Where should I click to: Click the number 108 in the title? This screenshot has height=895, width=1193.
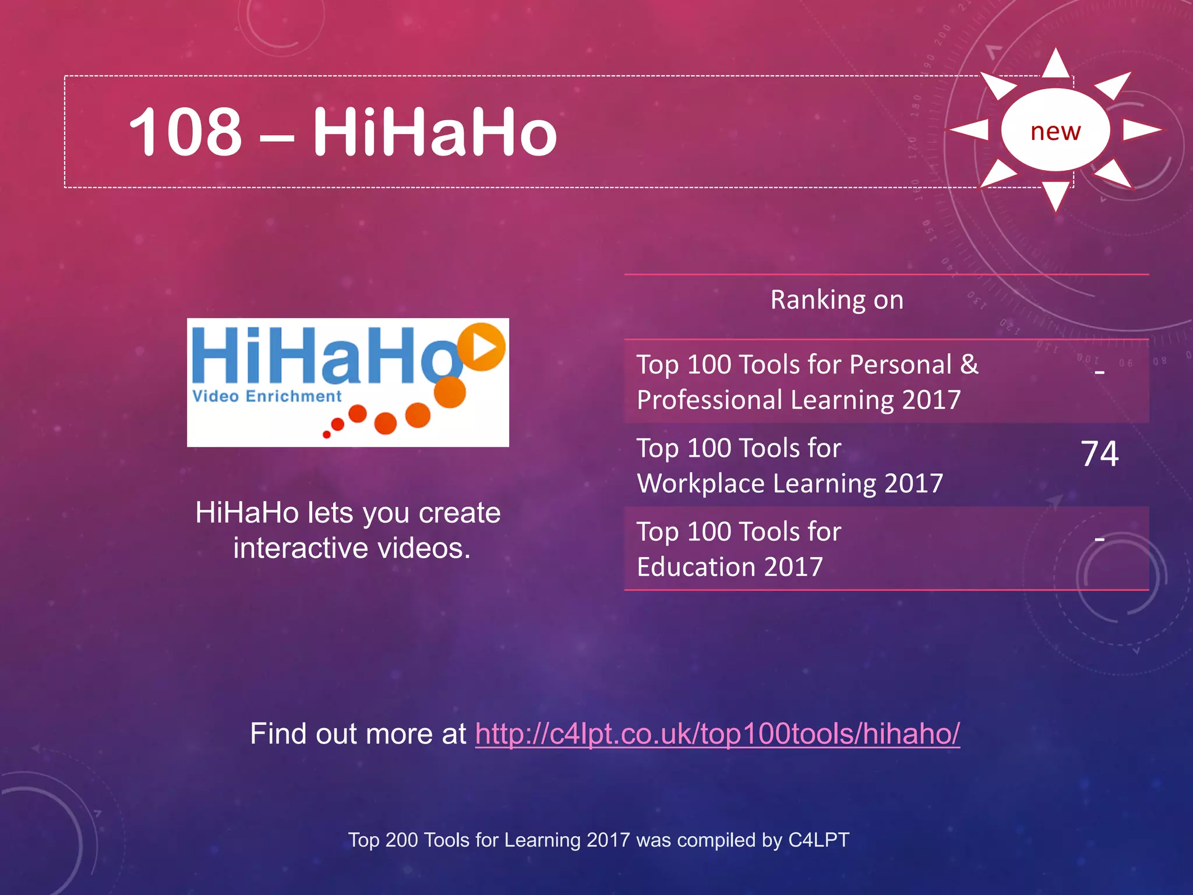[x=185, y=132]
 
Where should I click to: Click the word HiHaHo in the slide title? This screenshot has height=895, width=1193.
[x=435, y=132]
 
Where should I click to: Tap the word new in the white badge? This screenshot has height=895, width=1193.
[x=1055, y=131]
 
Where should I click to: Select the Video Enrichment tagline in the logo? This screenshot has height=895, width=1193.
[x=267, y=396]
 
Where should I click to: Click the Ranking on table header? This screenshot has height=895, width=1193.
[x=836, y=300]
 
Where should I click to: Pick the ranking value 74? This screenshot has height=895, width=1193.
[x=1099, y=453]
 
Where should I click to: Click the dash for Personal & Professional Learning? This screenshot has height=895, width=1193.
[x=1099, y=371]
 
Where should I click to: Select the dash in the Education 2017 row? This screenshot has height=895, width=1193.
[x=1099, y=540]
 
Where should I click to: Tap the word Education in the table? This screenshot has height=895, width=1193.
[x=696, y=567]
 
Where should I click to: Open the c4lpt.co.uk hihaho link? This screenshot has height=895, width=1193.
[x=717, y=734]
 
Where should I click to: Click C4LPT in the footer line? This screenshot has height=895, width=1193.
[x=818, y=840]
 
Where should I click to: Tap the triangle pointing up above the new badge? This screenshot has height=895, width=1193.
[x=1056, y=64]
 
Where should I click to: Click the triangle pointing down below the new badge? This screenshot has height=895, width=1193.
[x=1056, y=195]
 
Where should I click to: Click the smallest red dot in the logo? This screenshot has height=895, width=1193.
[x=327, y=435]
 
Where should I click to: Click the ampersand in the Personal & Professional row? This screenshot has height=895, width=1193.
[x=969, y=365]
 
